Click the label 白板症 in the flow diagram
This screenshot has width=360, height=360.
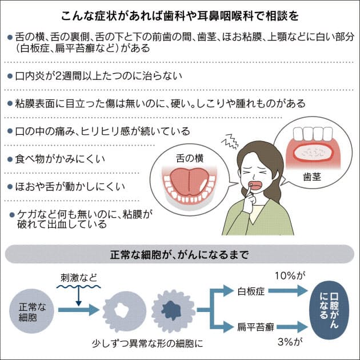point(249,293)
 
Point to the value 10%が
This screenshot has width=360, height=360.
point(288,277)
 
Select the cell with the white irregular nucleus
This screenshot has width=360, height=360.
point(122,311)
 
